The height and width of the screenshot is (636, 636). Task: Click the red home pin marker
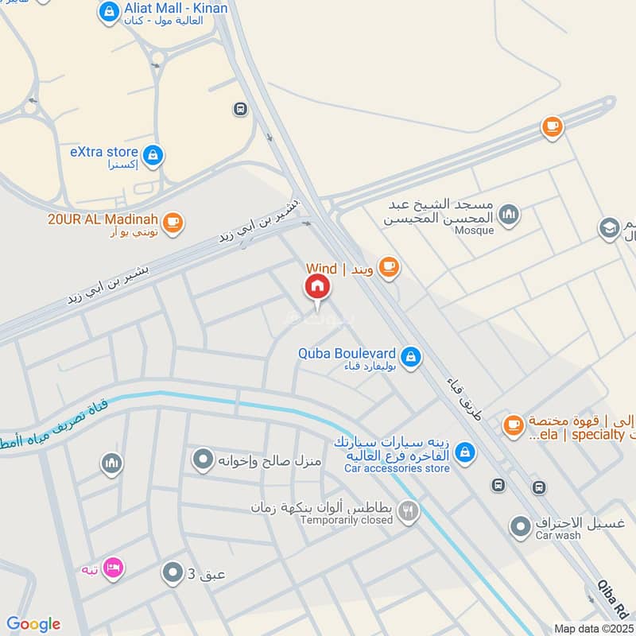click(317, 287)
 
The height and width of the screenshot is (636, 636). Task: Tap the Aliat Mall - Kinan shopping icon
click(109, 12)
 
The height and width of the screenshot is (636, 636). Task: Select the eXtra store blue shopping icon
click(154, 155)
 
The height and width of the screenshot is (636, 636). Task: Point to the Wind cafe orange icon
click(388, 267)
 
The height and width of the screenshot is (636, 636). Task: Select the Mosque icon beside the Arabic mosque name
click(509, 215)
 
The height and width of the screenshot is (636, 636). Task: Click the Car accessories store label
click(397, 468)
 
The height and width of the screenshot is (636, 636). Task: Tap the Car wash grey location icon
click(520, 525)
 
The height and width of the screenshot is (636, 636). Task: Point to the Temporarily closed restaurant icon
click(409, 512)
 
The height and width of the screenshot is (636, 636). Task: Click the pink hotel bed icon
click(113, 569)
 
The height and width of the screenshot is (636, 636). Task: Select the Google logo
click(33, 624)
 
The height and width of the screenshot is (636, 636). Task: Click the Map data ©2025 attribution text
click(594, 629)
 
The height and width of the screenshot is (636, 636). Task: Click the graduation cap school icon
click(610, 228)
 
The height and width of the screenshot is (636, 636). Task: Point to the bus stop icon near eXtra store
click(240, 109)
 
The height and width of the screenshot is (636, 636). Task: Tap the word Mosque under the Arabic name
click(475, 231)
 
